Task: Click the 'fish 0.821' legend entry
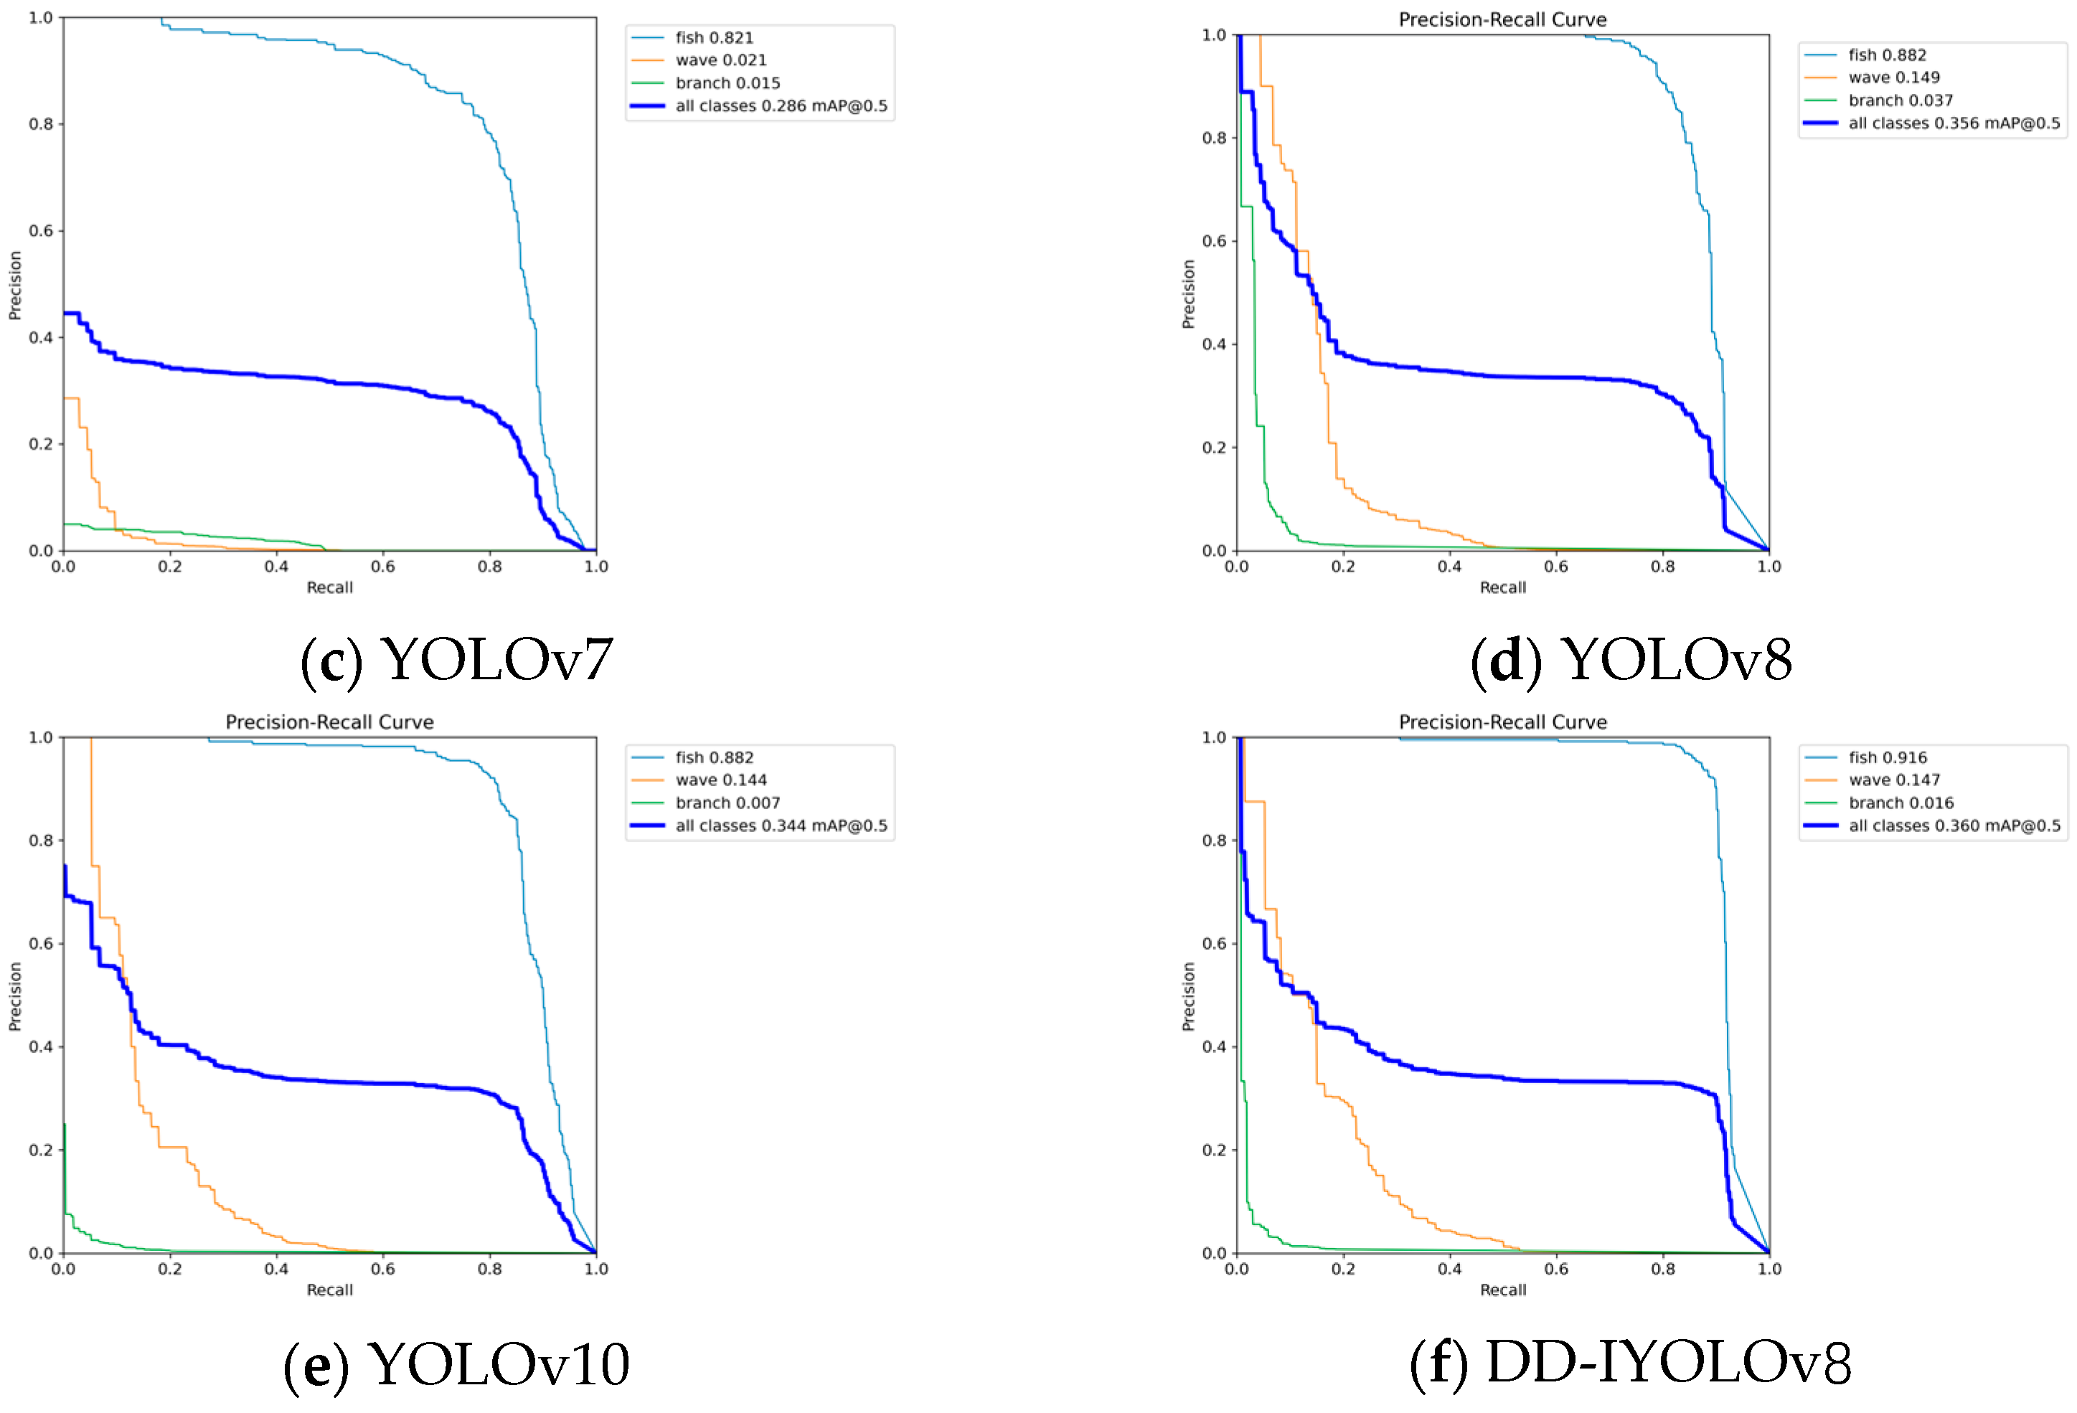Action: (713, 37)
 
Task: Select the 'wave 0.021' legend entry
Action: (720, 60)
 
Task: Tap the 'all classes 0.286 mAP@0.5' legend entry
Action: (780, 105)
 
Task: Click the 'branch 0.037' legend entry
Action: (1900, 100)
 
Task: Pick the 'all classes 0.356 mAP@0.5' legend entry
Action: (1954, 123)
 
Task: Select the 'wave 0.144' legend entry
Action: (720, 780)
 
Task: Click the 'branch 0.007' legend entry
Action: (727, 803)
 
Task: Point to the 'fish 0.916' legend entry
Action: (1888, 757)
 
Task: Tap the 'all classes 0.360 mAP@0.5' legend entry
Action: (1954, 826)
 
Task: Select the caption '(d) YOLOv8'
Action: (1630, 661)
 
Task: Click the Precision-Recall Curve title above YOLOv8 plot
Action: (1502, 19)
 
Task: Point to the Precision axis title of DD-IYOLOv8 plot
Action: (1188, 996)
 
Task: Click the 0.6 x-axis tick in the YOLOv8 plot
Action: (1556, 567)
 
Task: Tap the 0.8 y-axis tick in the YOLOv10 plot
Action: (40, 840)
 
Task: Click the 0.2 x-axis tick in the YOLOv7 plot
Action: (170, 567)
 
